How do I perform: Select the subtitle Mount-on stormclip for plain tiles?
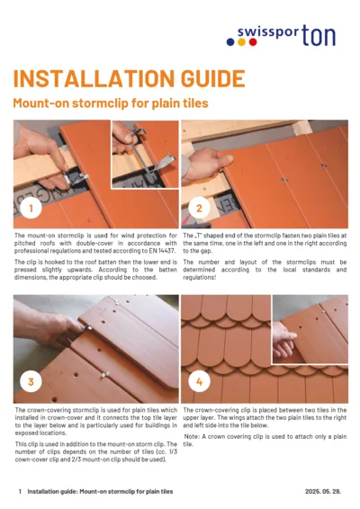(110, 103)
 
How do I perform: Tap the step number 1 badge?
(32, 210)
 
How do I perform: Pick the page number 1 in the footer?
(20, 492)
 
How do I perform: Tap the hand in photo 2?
(202, 162)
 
